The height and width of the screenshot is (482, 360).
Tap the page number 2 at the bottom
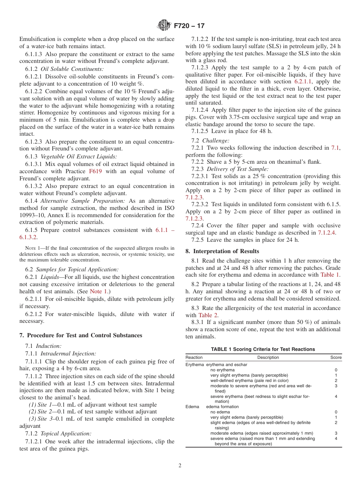pyautogui.click(x=180, y=466)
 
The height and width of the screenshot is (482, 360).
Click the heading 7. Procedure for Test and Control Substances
pyautogui.click(x=81, y=335)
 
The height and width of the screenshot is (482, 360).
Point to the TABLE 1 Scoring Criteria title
pyautogui.click(x=263, y=349)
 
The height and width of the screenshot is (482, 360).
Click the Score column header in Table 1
pyautogui.click(x=336, y=357)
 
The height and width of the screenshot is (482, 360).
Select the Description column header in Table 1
pyautogui.click(x=268, y=357)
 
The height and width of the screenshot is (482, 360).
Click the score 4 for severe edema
pyautogui.click(x=336, y=438)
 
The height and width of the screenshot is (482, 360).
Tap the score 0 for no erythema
pyautogui.click(x=336, y=370)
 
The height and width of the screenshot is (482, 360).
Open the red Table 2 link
pyautogui.click(x=208, y=315)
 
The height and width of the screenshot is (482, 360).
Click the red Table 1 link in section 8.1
pyautogui.click(x=330, y=275)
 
